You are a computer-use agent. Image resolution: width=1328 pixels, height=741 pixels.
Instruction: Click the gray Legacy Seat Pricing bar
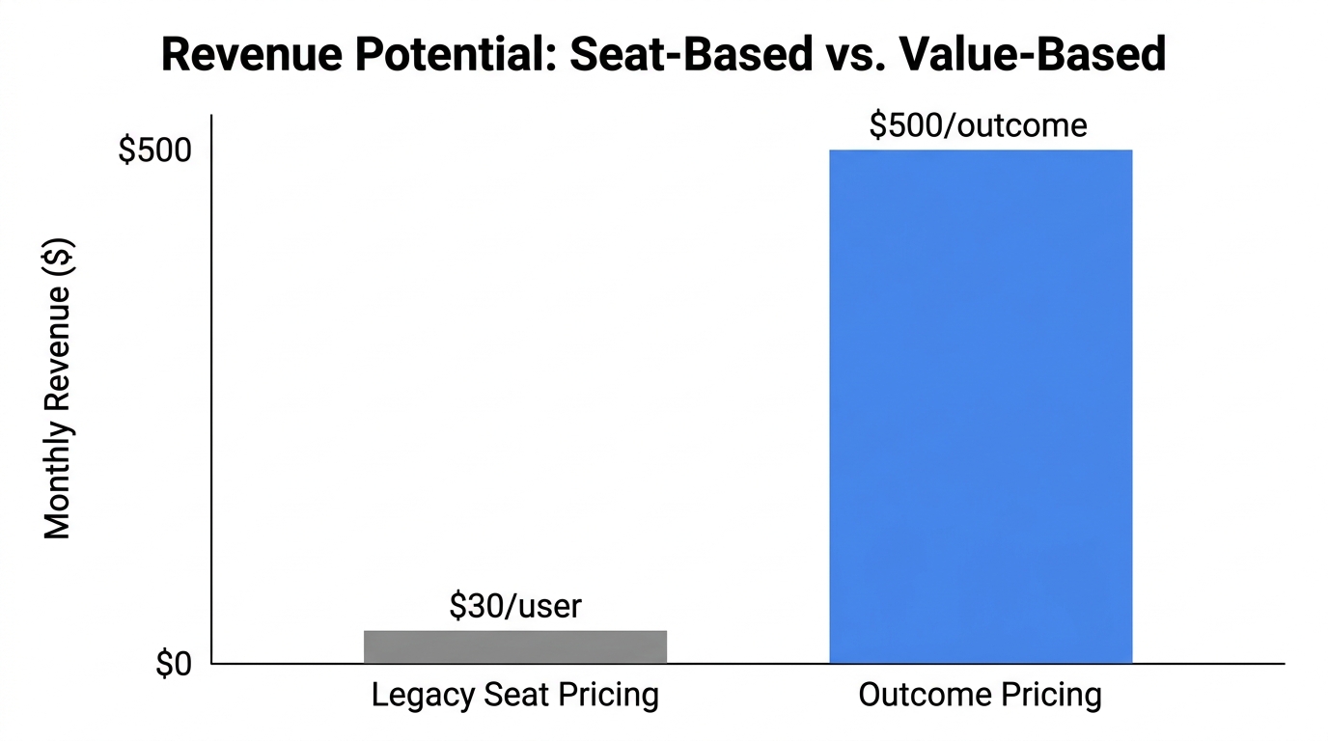[x=515, y=646]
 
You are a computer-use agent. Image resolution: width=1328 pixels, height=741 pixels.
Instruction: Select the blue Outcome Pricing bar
[x=981, y=406]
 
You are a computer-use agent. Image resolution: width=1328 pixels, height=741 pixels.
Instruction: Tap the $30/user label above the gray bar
[x=515, y=606]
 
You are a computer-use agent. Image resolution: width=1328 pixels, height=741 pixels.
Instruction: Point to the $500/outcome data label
[x=978, y=125]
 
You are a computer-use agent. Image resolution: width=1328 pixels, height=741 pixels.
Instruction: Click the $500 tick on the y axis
[x=154, y=151]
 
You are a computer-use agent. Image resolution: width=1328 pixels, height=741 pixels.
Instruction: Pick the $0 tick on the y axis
[x=174, y=665]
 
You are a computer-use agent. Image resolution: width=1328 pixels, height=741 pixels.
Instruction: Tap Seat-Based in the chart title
[x=690, y=55]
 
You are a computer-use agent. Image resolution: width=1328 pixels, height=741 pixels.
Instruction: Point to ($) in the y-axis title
[x=59, y=259]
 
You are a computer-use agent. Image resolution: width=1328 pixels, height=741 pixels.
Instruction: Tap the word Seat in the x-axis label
[x=515, y=696]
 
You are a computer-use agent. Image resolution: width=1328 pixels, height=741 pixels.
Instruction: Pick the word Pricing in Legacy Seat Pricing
[x=610, y=696]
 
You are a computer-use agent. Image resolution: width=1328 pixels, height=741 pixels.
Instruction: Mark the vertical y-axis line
[x=211, y=386]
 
